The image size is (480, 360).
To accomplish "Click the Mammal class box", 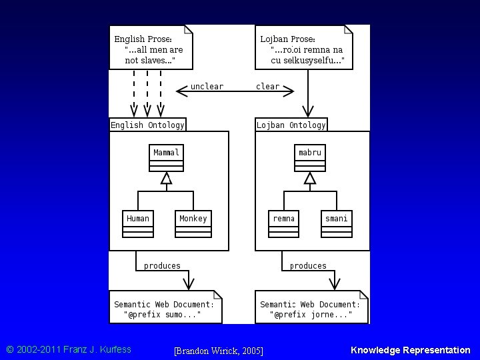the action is pyautogui.click(x=166, y=158).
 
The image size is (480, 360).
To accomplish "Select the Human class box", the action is pyautogui.click(x=138, y=224).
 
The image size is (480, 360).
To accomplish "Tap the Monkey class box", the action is pyautogui.click(x=193, y=224).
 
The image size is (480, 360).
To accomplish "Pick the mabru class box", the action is pyautogui.click(x=310, y=158).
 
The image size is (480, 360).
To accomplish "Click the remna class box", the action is pyautogui.click(x=283, y=224).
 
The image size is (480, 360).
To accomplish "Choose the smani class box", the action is pyautogui.click(x=337, y=224).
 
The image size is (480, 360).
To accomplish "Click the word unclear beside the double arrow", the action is pyautogui.click(x=207, y=86).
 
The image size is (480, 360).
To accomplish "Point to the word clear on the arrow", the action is pyautogui.click(x=267, y=86).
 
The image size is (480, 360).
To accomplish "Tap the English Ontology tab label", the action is pyautogui.click(x=147, y=125).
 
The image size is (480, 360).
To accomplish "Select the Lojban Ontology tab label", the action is pyautogui.click(x=291, y=125).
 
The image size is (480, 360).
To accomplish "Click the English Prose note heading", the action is pyautogui.click(x=143, y=39).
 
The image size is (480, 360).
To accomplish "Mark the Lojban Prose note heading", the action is pyautogui.click(x=287, y=39).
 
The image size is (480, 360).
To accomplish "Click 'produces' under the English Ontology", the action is pyautogui.click(x=162, y=266).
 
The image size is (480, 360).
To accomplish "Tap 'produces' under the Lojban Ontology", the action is pyautogui.click(x=308, y=266).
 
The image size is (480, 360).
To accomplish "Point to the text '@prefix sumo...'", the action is pyautogui.click(x=162, y=315).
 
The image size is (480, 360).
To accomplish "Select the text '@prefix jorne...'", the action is pyautogui.click(x=311, y=315).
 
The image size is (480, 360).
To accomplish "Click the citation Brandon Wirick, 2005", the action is pyautogui.click(x=219, y=351).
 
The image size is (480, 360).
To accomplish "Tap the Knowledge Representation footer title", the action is pyautogui.click(x=411, y=350).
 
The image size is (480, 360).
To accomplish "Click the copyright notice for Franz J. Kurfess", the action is pyautogui.click(x=69, y=349).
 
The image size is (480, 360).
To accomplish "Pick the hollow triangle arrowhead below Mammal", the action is pyautogui.click(x=166, y=178).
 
